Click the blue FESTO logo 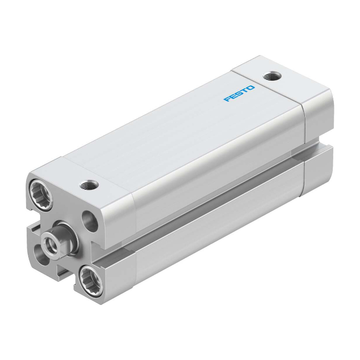click(239, 94)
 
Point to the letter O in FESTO click(251, 88)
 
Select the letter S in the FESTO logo click(239, 94)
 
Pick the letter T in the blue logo click(244, 91)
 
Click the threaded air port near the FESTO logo click(272, 76)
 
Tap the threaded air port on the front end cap click(88, 185)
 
